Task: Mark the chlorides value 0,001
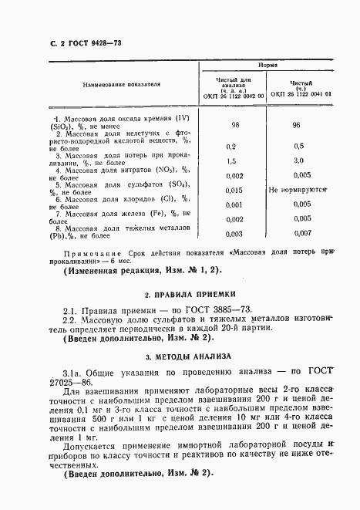coord(233,204)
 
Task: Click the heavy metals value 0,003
coord(233,234)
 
